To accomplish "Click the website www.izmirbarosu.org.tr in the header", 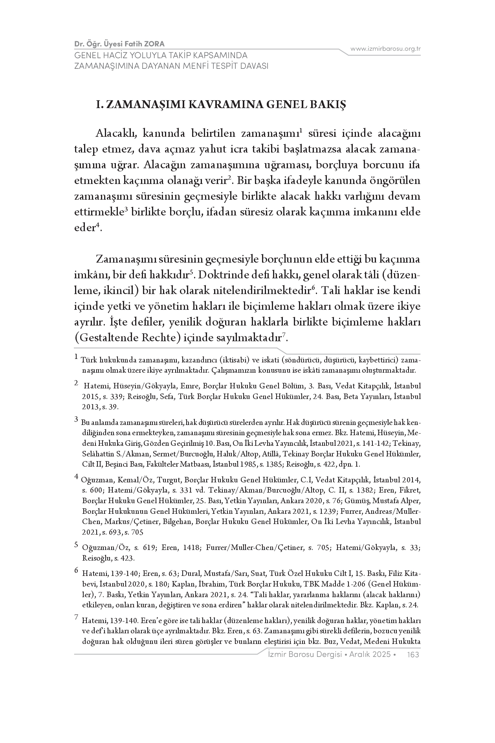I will tap(385, 49).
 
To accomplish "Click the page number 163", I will tap(414, 655).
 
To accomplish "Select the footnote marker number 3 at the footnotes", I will tap(76, 420).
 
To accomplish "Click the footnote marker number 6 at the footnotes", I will tap(76, 572).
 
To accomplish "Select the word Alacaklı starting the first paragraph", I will tap(116, 134).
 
